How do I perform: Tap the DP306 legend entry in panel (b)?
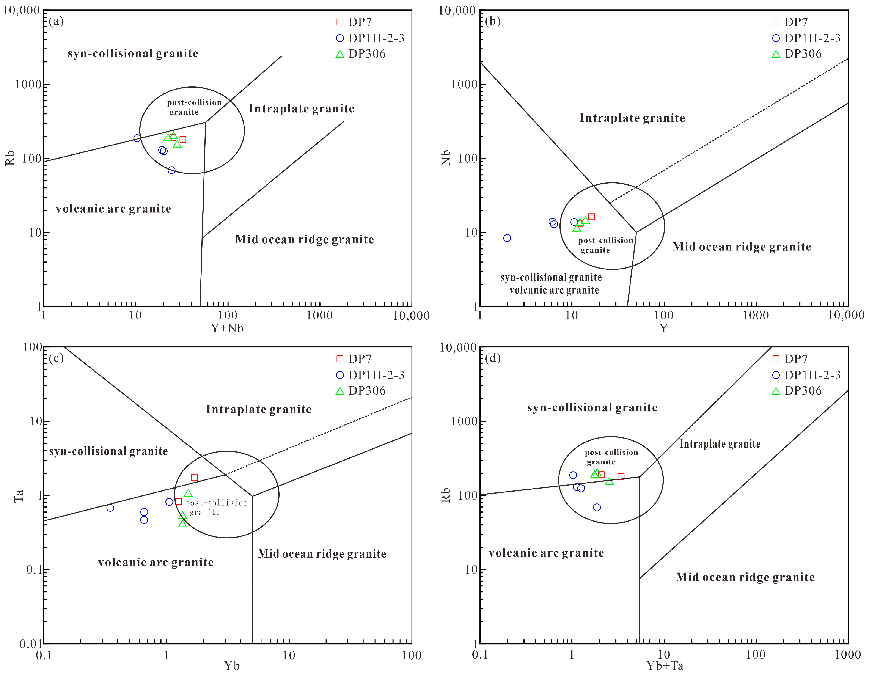[x=797, y=54]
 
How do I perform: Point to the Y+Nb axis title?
[x=227, y=328]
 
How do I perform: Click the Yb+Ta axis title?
[x=665, y=666]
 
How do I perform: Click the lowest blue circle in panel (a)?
[x=171, y=170]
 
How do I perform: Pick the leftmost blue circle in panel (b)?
[x=507, y=238]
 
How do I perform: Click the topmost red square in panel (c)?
[x=194, y=478]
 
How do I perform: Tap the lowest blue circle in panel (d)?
[x=597, y=507]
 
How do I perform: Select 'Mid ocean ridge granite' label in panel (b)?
[x=742, y=247]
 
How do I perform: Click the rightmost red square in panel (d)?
[x=621, y=476]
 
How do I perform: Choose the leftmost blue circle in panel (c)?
[x=110, y=508]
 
